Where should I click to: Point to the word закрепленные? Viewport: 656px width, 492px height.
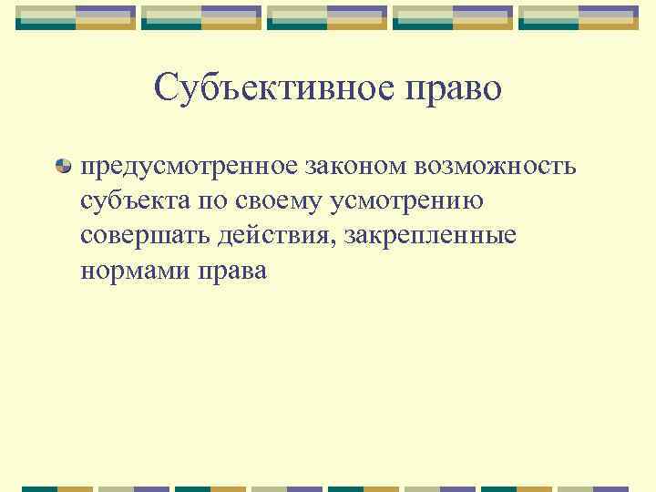(x=427, y=236)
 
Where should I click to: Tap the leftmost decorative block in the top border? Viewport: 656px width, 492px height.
(x=77, y=16)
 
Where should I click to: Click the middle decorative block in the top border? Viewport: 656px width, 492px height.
(x=327, y=16)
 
